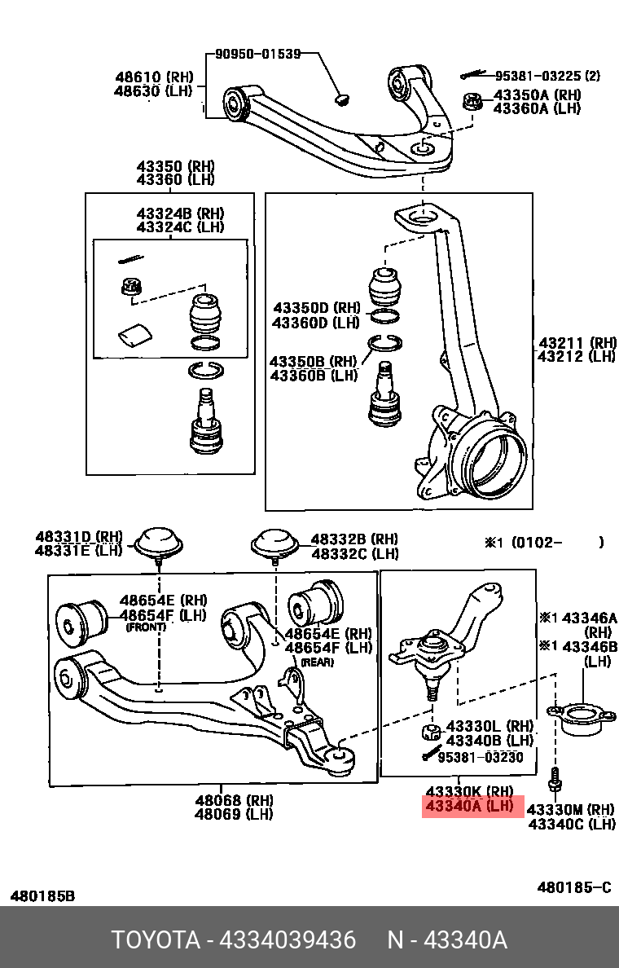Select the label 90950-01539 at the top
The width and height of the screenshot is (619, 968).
point(257,54)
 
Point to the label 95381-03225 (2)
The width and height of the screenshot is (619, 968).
point(547,76)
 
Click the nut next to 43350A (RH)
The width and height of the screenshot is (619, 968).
point(472,103)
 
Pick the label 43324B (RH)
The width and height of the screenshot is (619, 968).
point(180,213)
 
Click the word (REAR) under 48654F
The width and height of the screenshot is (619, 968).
point(318,662)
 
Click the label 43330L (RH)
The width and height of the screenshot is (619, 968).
point(489,725)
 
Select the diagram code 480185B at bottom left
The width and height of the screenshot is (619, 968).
point(42,895)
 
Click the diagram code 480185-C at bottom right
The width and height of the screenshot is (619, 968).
point(573,887)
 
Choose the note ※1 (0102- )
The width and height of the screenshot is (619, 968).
point(544,543)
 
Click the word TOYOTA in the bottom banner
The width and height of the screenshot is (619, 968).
point(156,940)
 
